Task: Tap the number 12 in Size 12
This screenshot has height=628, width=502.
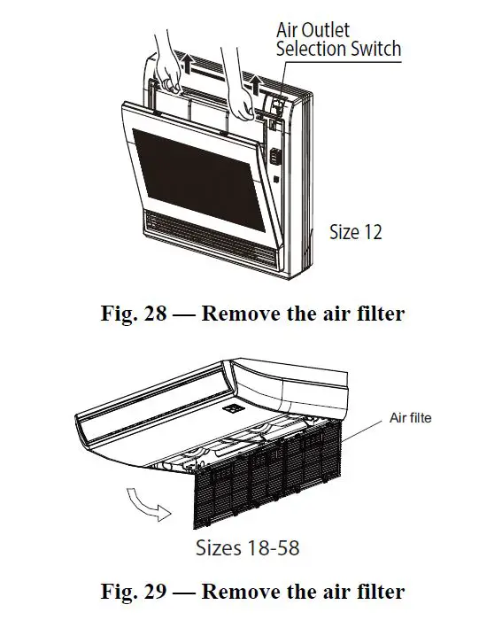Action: [x=373, y=232]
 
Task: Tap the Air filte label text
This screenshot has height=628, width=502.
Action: [x=411, y=417]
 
